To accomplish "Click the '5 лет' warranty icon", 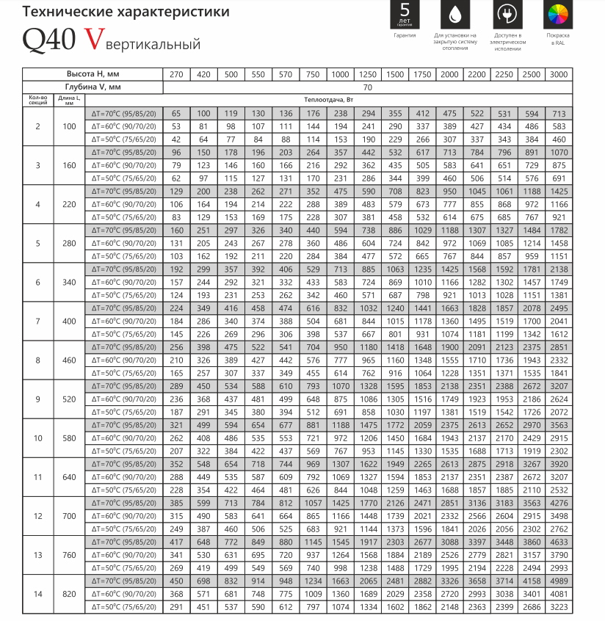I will click(404, 15).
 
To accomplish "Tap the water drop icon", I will click(454, 15).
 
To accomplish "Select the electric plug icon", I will click(506, 15).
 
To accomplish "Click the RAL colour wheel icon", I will click(557, 15).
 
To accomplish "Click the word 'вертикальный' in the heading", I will click(151, 44).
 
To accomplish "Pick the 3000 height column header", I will click(559, 75).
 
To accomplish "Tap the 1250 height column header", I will click(367, 75).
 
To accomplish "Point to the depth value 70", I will click(367, 87).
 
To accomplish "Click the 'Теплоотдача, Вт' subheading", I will click(367, 99).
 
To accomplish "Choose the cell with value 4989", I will click(559, 580).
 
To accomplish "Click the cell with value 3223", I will click(559, 606).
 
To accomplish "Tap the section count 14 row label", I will click(37, 593).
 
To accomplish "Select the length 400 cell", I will click(69, 321).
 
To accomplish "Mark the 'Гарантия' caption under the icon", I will click(404, 34).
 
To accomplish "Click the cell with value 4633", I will click(559, 541).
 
